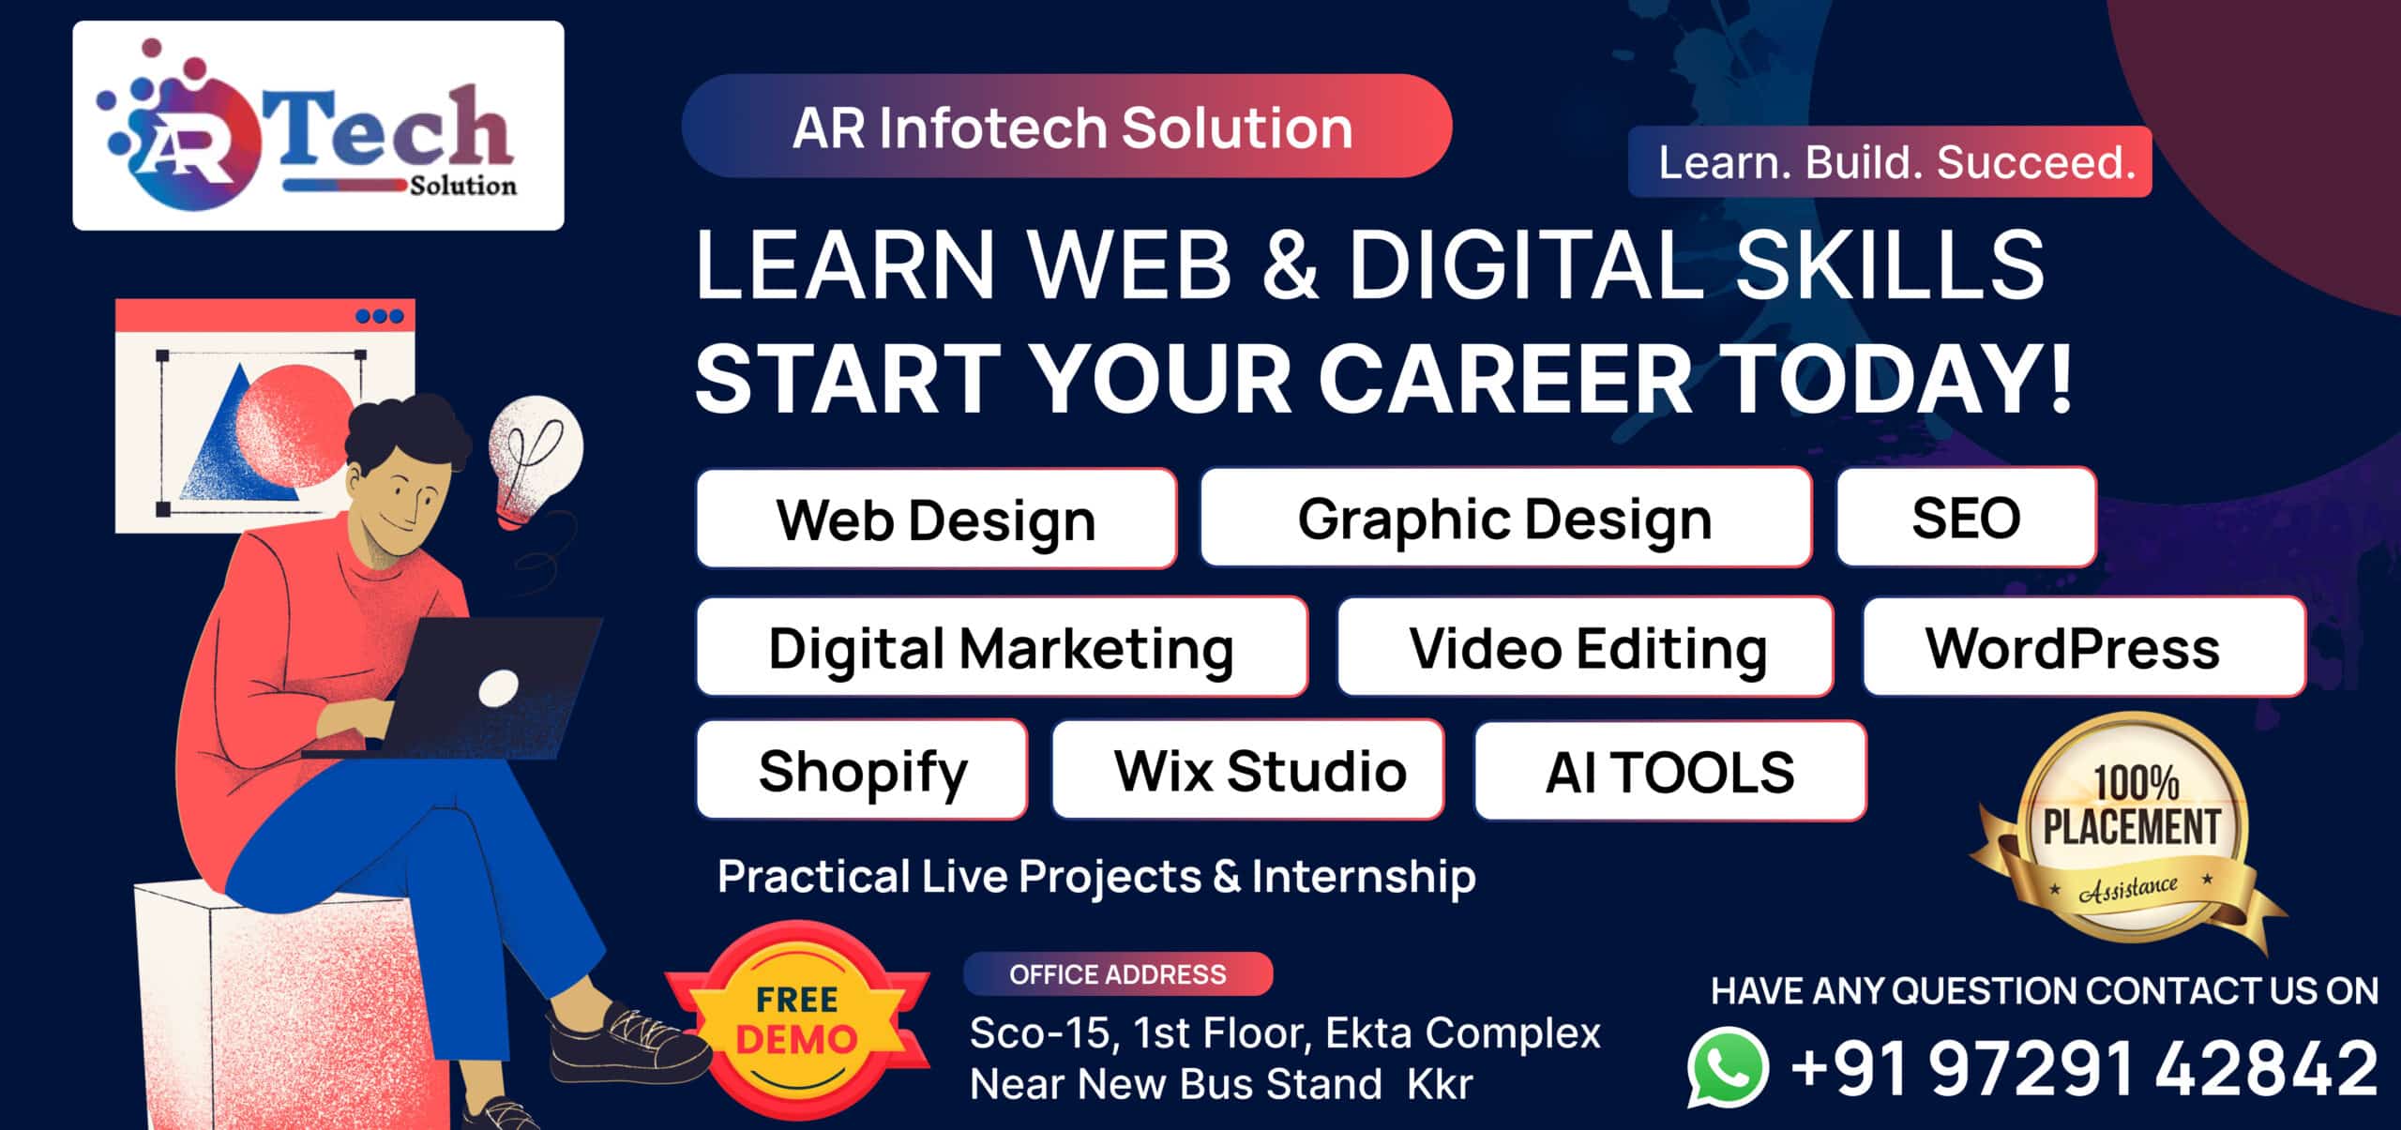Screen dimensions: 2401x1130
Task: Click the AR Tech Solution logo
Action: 318,126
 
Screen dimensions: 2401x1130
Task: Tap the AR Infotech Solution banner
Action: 1066,127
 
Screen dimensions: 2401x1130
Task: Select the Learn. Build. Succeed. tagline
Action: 1890,162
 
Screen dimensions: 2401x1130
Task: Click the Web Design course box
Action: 936,519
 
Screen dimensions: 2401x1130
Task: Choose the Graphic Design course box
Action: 1505,518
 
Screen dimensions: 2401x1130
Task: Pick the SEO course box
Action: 1966,518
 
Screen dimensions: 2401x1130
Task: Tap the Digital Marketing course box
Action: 1002,647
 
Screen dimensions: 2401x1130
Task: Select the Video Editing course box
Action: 1585,647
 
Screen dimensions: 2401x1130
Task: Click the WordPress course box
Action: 2084,647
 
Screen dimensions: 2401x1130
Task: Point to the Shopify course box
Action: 862,770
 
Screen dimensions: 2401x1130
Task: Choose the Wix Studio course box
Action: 1247,770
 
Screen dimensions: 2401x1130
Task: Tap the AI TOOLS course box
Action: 1670,771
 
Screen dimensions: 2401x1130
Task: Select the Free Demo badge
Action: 797,1020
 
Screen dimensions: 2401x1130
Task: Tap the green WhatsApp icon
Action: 1728,1067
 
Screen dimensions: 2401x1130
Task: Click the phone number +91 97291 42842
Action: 2084,1067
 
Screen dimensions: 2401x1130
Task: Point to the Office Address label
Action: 1118,974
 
